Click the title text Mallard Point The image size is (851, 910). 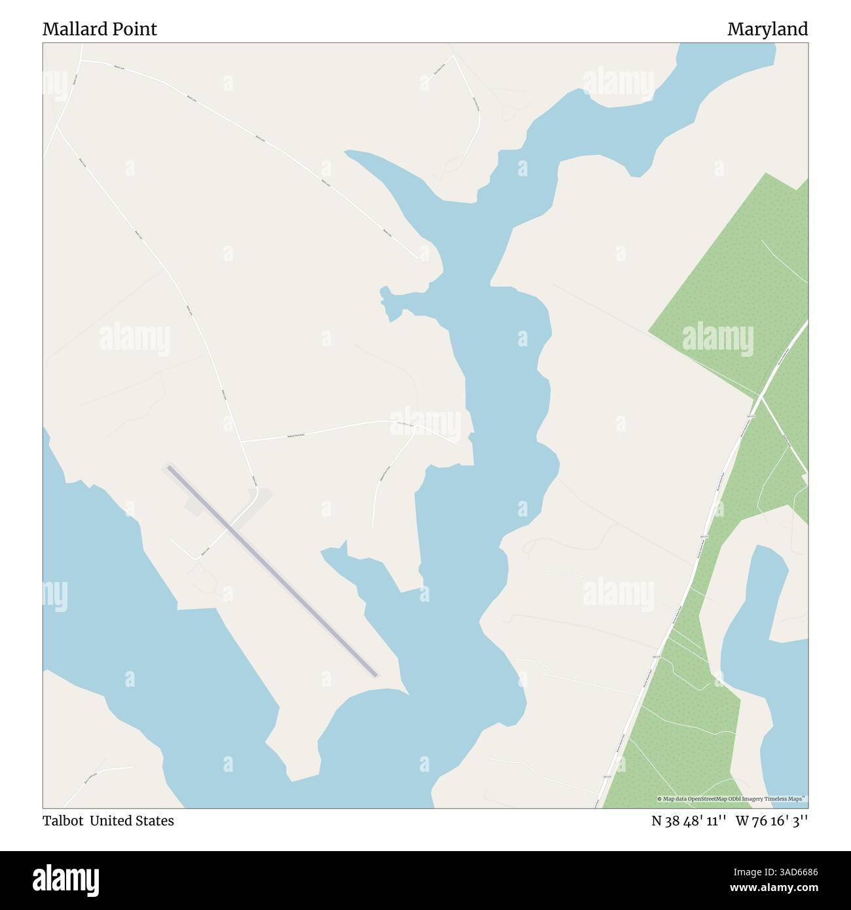click(x=100, y=29)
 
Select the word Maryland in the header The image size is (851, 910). click(x=767, y=29)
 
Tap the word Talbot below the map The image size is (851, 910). click(x=63, y=820)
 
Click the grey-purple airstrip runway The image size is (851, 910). click(x=272, y=570)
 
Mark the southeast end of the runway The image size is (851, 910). click(x=374, y=674)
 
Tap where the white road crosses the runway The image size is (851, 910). click(x=228, y=527)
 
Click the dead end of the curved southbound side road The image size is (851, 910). click(x=372, y=526)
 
